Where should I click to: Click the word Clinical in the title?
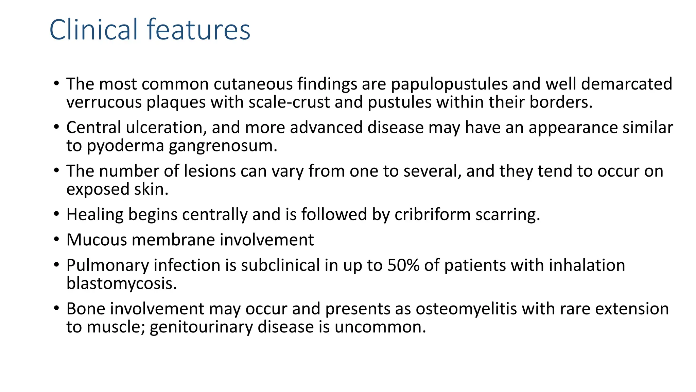point(94,30)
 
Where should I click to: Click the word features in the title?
point(199,30)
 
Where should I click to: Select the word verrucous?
point(103,102)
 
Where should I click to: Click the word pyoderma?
point(125,146)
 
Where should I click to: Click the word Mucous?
point(97,240)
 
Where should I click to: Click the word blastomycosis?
point(121,283)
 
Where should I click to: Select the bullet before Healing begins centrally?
point(56,215)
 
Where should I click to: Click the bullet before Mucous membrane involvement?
point(56,240)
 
